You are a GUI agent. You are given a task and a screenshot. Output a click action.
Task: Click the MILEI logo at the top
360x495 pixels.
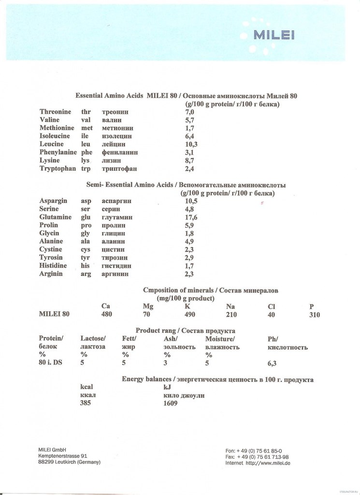click(x=274, y=35)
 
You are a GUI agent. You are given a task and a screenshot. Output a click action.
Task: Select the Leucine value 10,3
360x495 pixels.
click(x=191, y=144)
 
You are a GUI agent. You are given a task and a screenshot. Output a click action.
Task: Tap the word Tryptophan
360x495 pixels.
click(x=57, y=168)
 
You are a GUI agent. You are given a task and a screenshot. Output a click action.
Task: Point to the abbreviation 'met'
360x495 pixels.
click(x=87, y=128)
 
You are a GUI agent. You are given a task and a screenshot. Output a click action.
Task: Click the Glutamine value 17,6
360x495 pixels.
click(x=191, y=218)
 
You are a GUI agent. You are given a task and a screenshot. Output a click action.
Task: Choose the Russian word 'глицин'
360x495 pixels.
click(x=114, y=233)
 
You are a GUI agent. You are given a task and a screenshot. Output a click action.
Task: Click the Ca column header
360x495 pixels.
click(x=106, y=306)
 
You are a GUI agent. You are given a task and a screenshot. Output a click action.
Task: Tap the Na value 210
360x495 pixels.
click(x=232, y=314)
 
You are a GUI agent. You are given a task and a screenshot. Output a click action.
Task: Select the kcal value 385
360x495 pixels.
click(x=86, y=403)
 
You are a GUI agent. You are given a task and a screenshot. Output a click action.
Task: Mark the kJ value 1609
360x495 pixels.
click(x=171, y=403)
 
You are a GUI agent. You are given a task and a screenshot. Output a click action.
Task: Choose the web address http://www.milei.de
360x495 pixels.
click(x=268, y=463)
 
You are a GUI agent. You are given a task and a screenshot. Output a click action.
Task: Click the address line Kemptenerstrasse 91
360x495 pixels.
click(x=63, y=455)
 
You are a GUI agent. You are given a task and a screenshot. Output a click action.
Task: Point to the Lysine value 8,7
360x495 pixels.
click(x=189, y=160)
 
